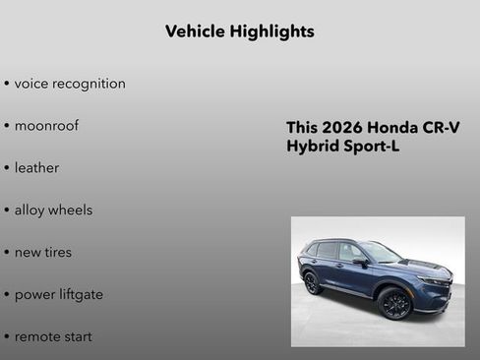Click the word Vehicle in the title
(194, 31)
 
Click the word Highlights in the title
(271, 31)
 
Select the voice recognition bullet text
(70, 84)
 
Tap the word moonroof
(46, 126)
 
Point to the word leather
(36, 168)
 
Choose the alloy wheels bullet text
(53, 210)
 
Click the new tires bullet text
(43, 253)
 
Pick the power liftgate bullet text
(59, 295)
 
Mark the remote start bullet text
(53, 337)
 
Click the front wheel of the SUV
(394, 304)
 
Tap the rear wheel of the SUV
(313, 283)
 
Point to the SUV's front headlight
(433, 281)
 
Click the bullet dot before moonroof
(7, 127)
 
